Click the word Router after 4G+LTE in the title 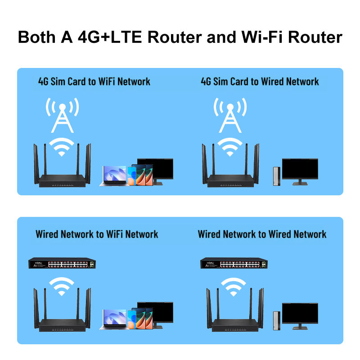tap(173, 37)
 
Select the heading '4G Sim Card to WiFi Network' tap(94, 81)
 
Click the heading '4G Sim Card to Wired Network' tap(260, 81)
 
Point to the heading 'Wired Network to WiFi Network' tap(97, 234)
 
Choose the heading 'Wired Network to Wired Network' tap(262, 234)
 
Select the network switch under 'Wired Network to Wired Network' tap(232, 264)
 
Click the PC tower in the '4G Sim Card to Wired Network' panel tap(276, 176)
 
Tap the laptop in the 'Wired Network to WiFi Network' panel tap(115, 319)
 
